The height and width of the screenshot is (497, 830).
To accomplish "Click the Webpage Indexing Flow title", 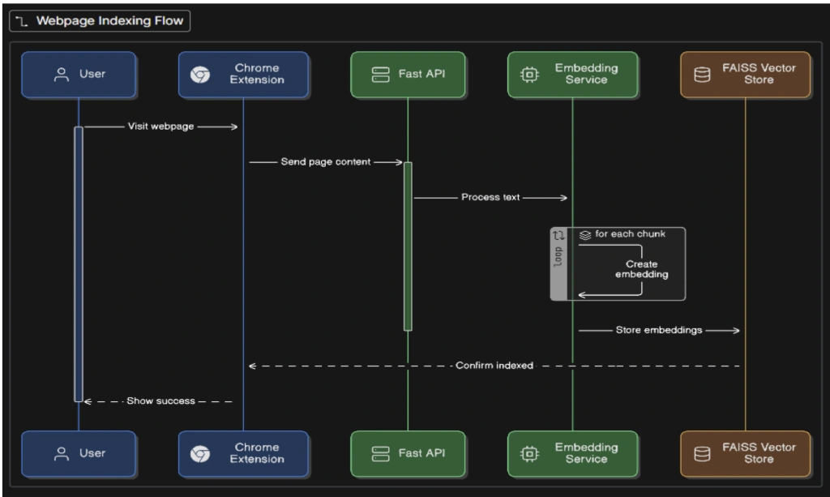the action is pos(109,20).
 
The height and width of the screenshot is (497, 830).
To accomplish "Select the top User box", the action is pos(79,74).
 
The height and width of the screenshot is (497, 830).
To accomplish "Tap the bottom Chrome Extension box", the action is pos(243,453).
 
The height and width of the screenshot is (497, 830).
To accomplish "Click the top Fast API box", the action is pos(408,74).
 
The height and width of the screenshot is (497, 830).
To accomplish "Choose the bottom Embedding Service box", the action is pos(572,453).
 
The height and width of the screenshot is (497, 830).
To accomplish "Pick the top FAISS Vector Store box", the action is pos(746,74).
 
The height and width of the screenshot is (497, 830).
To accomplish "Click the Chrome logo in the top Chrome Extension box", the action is pos(200,75).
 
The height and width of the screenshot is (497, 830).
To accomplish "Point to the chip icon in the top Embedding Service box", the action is pos(529,75).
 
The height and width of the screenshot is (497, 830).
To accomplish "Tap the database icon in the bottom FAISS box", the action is pos(702,454).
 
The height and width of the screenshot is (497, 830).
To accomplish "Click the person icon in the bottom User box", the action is pos(62,453).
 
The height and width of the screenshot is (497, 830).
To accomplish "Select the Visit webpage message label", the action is pos(160,126).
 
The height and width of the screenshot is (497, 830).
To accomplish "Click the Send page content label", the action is pos(326,162).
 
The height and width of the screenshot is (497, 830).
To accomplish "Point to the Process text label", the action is pos(490,198).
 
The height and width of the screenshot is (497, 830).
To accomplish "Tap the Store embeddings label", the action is pos(658,330).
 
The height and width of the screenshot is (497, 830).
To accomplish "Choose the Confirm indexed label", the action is pos(494,366).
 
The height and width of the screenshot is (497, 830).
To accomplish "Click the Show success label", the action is pos(160,401).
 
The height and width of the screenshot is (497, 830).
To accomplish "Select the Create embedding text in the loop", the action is pos(642,269).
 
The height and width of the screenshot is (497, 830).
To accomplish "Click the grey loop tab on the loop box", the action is pos(558,263).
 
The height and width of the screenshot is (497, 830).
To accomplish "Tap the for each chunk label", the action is pos(630,234).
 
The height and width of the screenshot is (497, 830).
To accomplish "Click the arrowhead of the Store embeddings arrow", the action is pos(736,330).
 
